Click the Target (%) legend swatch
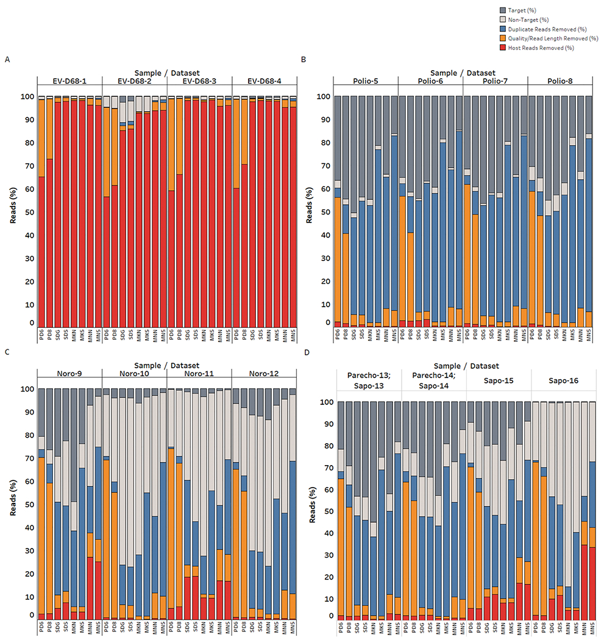(502, 10)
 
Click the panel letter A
(7, 59)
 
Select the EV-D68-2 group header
(134, 80)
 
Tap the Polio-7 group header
(495, 80)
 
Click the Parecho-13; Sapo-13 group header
(368, 380)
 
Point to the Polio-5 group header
(365, 80)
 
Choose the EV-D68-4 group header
(265, 80)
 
